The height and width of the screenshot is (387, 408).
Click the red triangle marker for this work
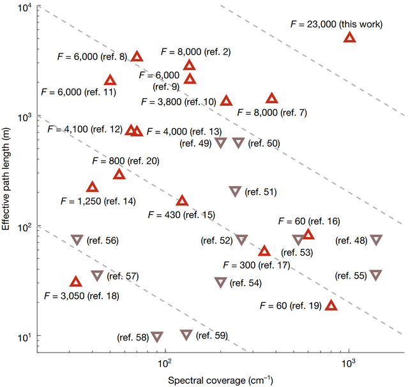[349, 38]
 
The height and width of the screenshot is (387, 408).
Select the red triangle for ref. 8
[137, 57]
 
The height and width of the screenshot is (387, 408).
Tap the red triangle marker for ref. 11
[110, 81]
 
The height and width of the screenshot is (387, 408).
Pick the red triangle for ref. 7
[272, 99]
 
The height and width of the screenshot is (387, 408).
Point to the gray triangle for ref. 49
[220, 143]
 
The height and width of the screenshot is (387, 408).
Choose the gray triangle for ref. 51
[235, 191]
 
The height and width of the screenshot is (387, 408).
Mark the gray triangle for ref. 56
[77, 240]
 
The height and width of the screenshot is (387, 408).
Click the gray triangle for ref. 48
[376, 240]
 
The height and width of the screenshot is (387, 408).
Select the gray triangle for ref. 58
[156, 337]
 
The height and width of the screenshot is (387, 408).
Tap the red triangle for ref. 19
[331, 306]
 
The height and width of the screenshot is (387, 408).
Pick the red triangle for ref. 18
[76, 282]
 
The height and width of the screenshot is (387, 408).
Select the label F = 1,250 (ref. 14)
[98, 201]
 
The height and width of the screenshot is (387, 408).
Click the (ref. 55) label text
[351, 276]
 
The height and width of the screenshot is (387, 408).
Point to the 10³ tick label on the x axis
[349, 364]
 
